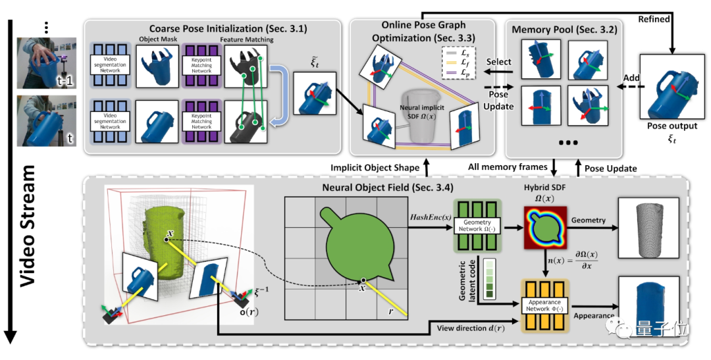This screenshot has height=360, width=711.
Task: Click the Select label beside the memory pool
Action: pos(498,61)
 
